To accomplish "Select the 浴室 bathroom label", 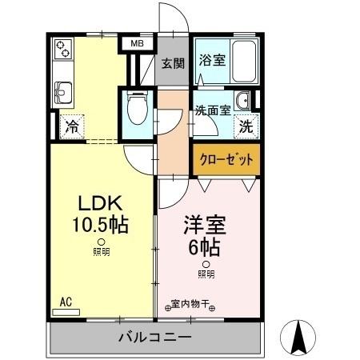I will pos(211,58).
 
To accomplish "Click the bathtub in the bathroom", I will pos(243,60).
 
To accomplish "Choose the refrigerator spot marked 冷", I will pos(73,126).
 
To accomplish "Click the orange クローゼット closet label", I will pos(225,160).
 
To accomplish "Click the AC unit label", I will pos(67,302).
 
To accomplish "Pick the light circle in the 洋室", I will pos(206,264).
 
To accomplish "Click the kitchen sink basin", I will pos(64,87).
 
